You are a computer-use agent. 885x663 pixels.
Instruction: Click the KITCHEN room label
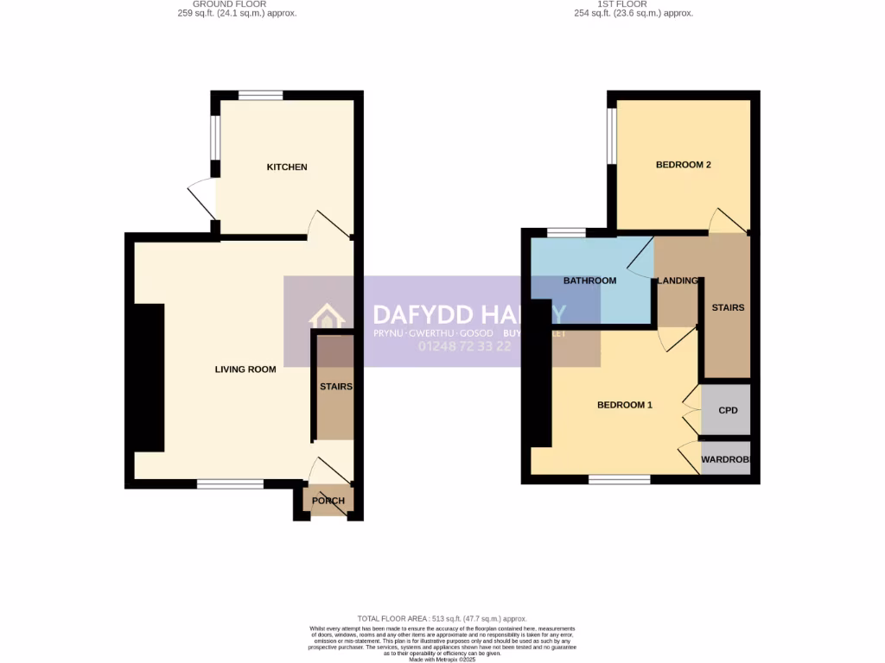pos(286,167)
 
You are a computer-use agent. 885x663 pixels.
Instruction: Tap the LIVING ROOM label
pos(245,369)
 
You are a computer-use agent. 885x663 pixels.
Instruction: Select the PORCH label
pos(328,501)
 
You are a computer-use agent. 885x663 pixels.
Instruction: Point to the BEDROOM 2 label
pos(683,164)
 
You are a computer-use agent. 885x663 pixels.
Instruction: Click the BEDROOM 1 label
pos(625,405)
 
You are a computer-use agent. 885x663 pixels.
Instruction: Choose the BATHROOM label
pos(589,281)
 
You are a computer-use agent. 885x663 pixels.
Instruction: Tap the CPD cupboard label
pos(728,410)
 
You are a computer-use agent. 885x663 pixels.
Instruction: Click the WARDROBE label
pos(725,459)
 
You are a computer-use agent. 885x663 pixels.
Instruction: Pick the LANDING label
pos(678,281)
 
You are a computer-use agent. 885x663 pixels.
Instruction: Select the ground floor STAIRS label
pos(335,387)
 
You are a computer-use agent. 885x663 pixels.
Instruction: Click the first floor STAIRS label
pos(728,307)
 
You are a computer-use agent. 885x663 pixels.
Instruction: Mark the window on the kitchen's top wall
pos(260,96)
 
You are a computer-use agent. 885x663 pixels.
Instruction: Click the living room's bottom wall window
pos(230,484)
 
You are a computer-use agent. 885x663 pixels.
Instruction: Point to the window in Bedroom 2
pos(612,135)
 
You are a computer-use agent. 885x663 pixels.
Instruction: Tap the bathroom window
pos(566,232)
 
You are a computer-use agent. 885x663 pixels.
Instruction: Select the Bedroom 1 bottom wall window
pos(620,479)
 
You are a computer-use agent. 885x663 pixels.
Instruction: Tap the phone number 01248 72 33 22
pos(465,346)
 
